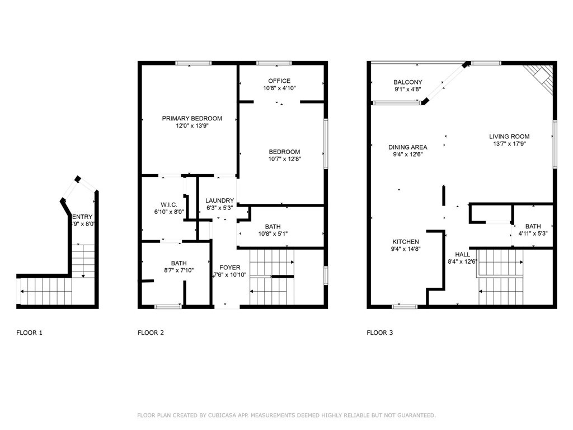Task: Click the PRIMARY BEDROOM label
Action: click(192, 119)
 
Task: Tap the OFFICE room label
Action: click(279, 81)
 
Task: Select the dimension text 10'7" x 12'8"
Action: click(284, 159)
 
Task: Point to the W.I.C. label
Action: click(169, 205)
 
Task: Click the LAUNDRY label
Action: click(219, 201)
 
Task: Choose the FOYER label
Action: click(230, 268)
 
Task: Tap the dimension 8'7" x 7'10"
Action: click(179, 270)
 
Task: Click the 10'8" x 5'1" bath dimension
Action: click(273, 234)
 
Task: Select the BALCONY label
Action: click(408, 82)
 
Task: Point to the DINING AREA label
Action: click(408, 147)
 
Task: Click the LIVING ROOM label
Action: click(509, 137)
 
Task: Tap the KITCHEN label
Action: click(406, 242)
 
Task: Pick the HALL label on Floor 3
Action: click(463, 255)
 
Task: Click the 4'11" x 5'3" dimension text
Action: click(533, 233)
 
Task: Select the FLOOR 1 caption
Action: click(29, 333)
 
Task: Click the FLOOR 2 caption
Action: click(151, 333)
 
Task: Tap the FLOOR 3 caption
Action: click(380, 333)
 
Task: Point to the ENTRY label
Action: click(82, 217)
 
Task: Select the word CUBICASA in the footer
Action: click(221, 415)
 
